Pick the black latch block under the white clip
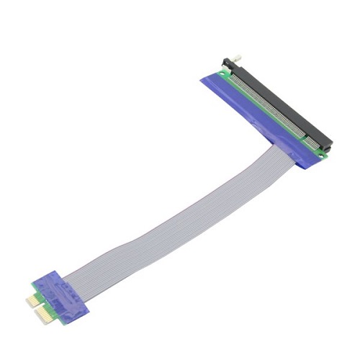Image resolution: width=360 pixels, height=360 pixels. pos(227,63)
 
